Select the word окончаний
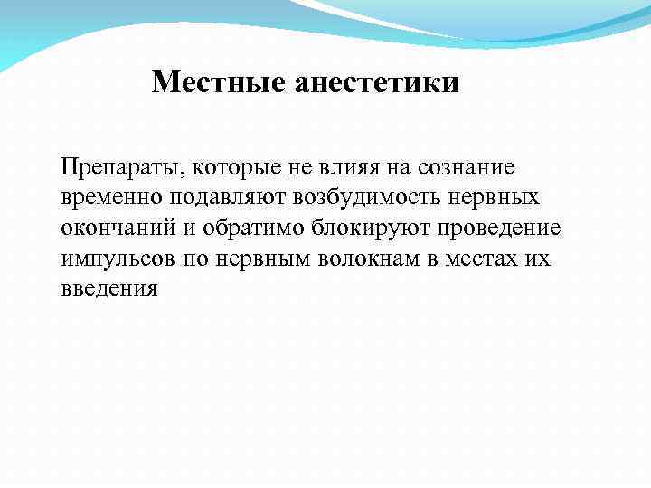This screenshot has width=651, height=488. pos(118,229)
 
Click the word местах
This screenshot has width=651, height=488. pos(484,259)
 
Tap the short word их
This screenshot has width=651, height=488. pos(538,259)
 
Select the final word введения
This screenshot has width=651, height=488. pos(109,290)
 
